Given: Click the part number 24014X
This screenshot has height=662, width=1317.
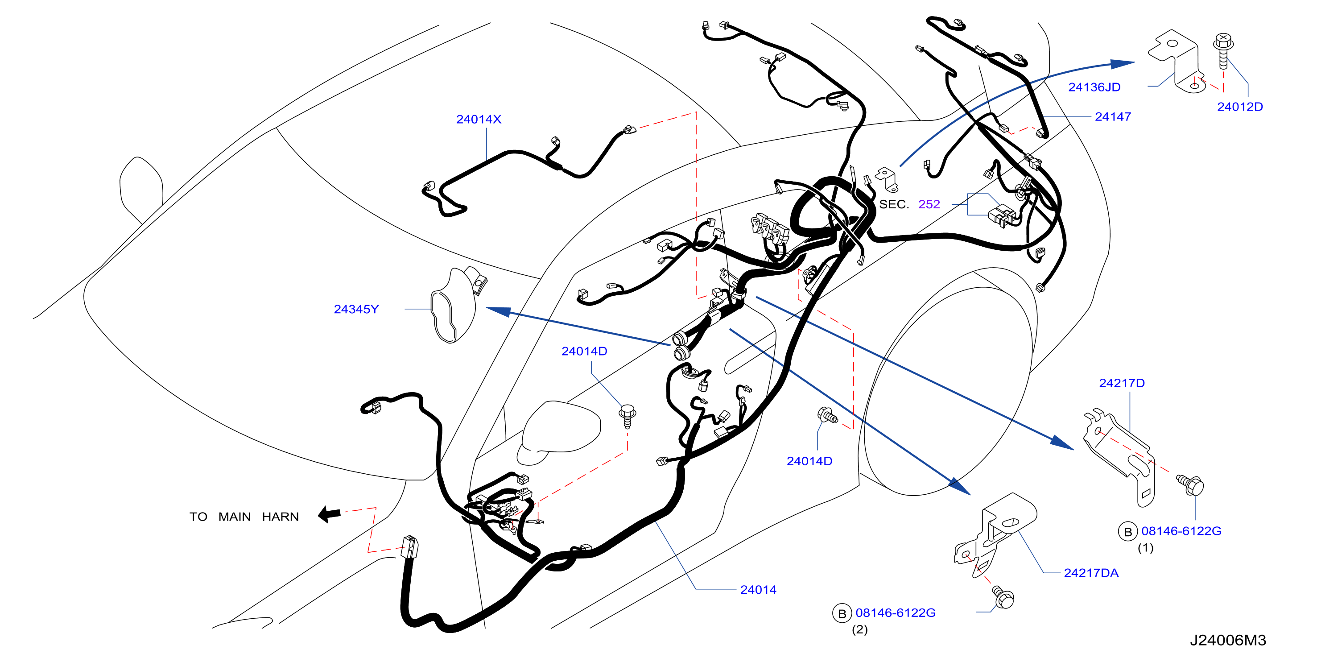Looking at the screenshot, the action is (479, 119).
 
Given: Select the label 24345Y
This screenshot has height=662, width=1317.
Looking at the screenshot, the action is (356, 309).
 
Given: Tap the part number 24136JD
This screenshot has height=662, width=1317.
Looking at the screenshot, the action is (1094, 87).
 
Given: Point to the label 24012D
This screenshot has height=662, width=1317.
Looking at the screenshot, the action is (1240, 107).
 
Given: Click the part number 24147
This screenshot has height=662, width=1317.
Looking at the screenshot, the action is (1112, 116).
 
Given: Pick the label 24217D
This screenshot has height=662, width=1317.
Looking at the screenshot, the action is (1122, 383).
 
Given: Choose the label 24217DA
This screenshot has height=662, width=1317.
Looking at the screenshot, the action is (1091, 573).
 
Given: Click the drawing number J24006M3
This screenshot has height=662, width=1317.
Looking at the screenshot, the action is (1228, 640).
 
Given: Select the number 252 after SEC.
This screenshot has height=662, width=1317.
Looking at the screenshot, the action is (929, 204).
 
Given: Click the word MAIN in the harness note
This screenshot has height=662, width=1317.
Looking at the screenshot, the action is (235, 517).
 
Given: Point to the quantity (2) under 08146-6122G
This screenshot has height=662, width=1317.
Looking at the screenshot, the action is (859, 629).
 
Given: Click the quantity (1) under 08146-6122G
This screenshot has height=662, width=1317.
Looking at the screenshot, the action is (1145, 548).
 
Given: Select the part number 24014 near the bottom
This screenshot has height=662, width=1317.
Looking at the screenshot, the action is (758, 590).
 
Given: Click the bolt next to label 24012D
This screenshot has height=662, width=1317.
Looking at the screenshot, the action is (1223, 50).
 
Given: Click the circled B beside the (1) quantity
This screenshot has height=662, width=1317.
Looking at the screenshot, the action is (1127, 532).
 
